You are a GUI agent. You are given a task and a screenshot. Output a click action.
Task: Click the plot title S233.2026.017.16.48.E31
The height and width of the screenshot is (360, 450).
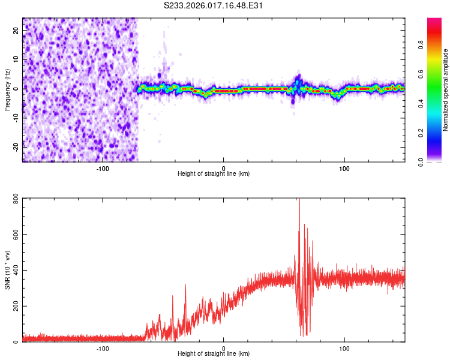coord(214,5)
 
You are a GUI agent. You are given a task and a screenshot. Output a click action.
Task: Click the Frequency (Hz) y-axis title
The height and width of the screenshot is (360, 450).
coord(7,90)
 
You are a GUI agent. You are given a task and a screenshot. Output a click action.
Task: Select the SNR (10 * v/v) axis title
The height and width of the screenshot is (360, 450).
coord(7,271)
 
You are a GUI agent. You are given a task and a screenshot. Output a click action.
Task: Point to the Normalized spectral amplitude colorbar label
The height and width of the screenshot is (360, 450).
coord(446,90)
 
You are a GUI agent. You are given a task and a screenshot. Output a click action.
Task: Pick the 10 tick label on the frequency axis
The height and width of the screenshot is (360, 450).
coord(16,60)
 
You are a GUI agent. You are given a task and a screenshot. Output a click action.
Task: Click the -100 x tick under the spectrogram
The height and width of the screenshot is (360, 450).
coord(102,168)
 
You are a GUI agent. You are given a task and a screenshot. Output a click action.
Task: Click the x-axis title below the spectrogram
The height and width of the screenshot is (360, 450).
coord(214,174)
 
